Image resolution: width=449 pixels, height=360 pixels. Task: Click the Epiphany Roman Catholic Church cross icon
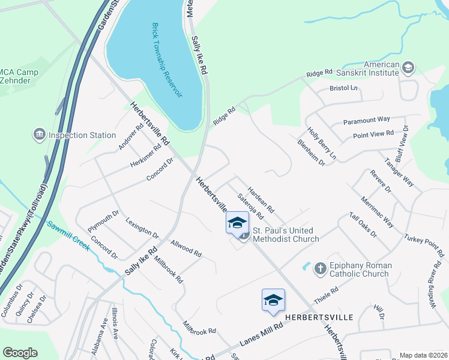click(321, 268)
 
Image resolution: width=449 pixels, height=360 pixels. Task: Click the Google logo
click(20, 353)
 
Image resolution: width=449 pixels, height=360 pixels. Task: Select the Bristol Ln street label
click(343, 89)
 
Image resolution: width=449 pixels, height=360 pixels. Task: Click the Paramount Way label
click(367, 121)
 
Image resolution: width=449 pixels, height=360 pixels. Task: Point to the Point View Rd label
click(373, 134)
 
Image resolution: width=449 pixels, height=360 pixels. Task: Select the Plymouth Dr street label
click(103, 224)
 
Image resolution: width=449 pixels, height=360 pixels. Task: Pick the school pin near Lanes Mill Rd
click(273, 300)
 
